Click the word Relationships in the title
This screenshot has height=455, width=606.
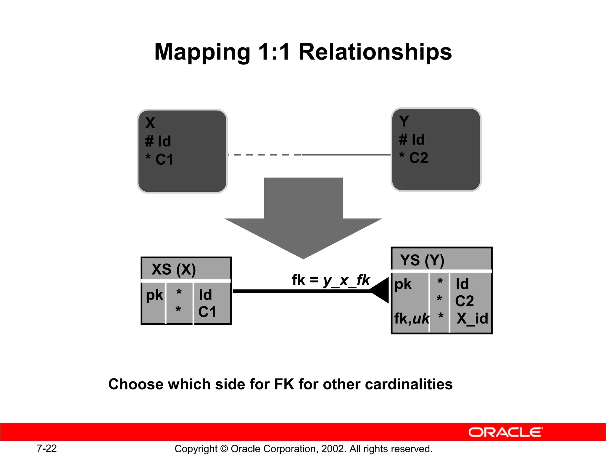pos(375,52)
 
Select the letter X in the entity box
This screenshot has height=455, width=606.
pos(150,123)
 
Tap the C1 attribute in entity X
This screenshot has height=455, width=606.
pos(164,159)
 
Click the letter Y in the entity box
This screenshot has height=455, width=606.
pos(404,121)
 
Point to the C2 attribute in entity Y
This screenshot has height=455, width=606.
pos(418,158)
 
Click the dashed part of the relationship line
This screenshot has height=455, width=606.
pos(263,155)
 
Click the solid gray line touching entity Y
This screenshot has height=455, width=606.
pos(346,155)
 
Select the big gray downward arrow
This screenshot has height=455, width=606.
pos(303,219)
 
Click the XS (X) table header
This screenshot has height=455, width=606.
pos(174,269)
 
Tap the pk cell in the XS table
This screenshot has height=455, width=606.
pos(154,295)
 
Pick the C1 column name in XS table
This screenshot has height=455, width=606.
pos(207,312)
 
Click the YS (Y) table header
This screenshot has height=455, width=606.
pos(422,260)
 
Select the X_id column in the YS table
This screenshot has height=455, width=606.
pos(472,319)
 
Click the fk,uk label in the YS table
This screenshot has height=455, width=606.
pos(412,319)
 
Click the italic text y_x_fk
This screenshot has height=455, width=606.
pos(346,280)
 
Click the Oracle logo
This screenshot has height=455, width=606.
pos(505,432)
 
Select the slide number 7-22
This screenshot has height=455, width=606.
pos(47,448)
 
